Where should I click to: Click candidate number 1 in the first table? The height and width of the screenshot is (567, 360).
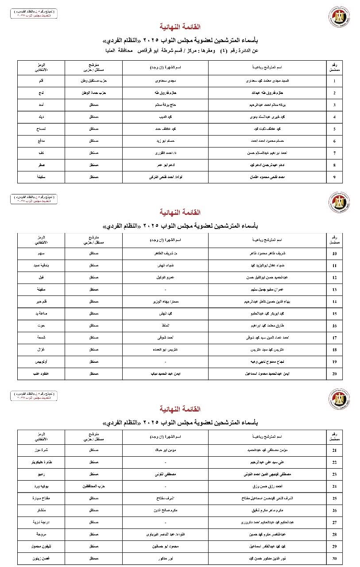point(334,82)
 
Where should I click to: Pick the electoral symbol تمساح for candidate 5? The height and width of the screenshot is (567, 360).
point(41,129)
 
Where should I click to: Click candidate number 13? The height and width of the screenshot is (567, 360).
point(334,290)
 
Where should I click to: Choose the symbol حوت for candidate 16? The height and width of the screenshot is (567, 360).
point(41,326)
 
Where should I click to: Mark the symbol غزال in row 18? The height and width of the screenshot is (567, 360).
point(41,350)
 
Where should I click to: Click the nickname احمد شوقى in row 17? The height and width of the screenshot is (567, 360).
point(160,338)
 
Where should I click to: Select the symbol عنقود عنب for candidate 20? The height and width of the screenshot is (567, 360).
point(41,374)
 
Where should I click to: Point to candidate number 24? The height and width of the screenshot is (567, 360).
point(334,486)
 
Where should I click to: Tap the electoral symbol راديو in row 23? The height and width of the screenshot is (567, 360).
point(41,474)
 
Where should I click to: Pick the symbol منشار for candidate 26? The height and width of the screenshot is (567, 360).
point(41,510)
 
